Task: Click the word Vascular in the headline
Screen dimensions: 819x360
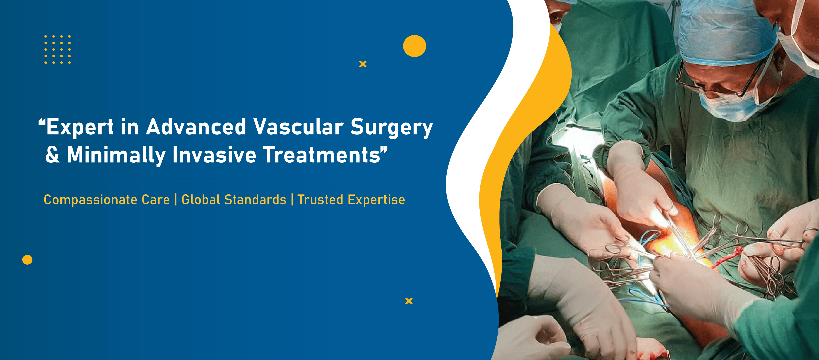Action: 298,127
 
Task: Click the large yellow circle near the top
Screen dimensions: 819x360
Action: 415,46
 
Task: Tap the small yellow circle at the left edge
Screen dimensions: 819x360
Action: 27,260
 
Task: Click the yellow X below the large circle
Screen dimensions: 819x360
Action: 363,64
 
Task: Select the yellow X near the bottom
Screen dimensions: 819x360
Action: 409,301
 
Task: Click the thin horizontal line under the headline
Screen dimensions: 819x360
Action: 209,182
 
